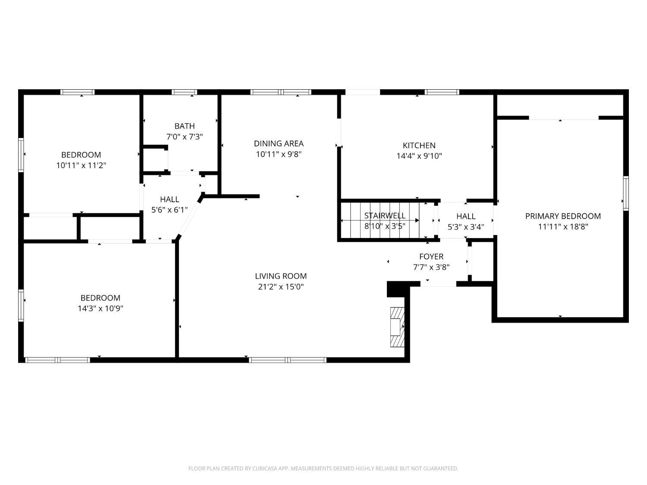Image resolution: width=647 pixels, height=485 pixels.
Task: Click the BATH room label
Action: coord(185,126)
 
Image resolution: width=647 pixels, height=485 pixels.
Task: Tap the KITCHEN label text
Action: coord(419,145)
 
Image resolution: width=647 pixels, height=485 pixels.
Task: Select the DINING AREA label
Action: coord(279,144)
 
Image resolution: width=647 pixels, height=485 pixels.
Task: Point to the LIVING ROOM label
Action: coord(281,276)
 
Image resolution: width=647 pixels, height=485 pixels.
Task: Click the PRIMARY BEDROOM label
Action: coord(563,216)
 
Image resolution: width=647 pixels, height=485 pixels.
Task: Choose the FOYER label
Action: coord(431,257)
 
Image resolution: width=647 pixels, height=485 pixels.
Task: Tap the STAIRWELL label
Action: coord(385,216)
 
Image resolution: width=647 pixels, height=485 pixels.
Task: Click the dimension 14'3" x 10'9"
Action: coord(100,308)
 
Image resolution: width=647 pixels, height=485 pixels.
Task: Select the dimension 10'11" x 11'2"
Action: coord(81,165)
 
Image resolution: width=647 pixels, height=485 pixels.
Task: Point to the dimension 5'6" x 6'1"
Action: coord(170,210)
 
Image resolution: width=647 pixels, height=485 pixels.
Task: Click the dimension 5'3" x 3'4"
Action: coord(466,227)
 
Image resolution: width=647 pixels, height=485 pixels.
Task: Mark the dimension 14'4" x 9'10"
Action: coord(419,156)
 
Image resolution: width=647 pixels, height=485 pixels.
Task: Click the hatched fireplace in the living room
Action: coord(397,327)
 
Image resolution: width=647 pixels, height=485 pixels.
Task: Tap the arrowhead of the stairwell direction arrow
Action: coord(417,220)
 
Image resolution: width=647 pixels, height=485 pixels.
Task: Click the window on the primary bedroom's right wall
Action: coord(625,193)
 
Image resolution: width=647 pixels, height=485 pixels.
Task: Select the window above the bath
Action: coord(184,92)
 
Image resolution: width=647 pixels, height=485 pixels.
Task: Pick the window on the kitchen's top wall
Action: coord(442,92)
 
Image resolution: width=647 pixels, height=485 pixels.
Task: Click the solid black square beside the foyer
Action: coord(398,289)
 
